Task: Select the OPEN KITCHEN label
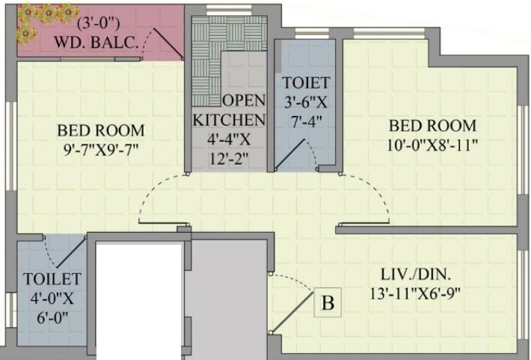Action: pyautogui.click(x=230, y=110)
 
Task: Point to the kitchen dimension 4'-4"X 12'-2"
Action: pyautogui.click(x=230, y=148)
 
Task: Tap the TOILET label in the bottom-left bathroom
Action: pyautogui.click(x=51, y=278)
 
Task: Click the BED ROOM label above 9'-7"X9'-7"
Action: pyautogui.click(x=101, y=129)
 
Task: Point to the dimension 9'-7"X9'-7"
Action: pyautogui.click(x=101, y=149)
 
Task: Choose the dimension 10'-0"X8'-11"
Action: pyautogui.click(x=432, y=143)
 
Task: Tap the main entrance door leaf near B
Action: pyautogui.click(x=293, y=311)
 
